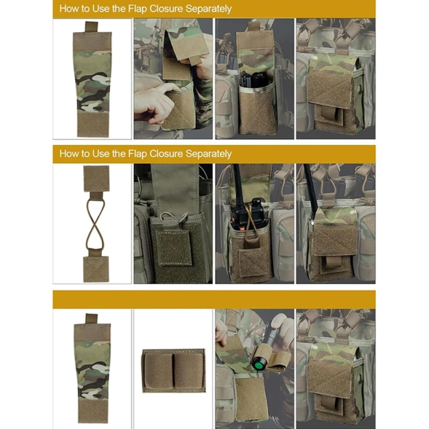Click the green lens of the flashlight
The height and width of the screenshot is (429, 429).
pos(257,366)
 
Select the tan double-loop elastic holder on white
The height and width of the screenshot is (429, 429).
pos(173,369)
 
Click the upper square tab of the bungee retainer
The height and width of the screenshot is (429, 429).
pos(96,178)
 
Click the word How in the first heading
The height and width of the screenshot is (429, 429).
pos(69,9)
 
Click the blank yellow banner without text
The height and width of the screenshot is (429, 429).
pos(214,299)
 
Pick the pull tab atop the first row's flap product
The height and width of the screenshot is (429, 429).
pos(91,27)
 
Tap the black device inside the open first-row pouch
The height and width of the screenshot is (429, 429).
pos(254,80)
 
